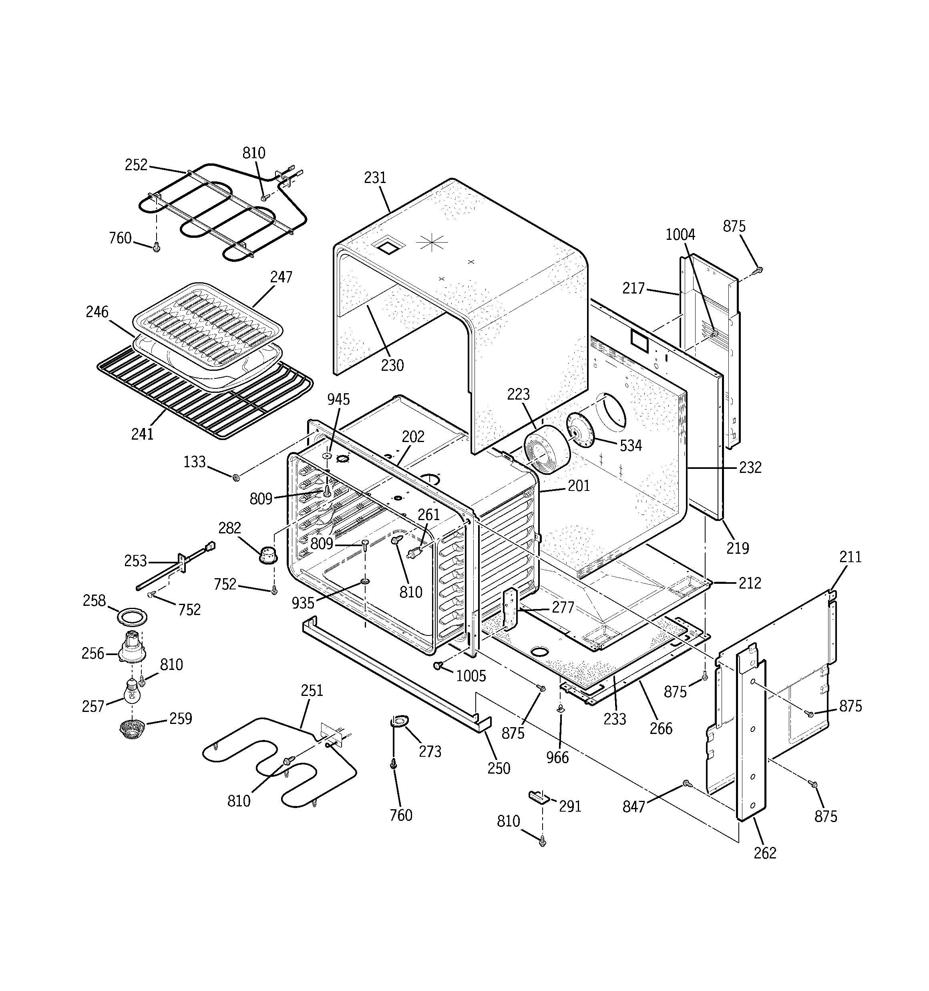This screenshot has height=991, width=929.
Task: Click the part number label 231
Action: tap(375, 178)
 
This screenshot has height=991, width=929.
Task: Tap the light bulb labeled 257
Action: tap(132, 691)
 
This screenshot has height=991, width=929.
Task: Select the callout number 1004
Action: tap(680, 235)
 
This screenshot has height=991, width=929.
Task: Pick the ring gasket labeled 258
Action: tap(133, 616)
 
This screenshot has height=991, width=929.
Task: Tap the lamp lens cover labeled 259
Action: tap(132, 728)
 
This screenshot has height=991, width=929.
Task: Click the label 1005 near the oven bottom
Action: tap(471, 676)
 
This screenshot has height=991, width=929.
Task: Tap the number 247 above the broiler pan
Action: tap(281, 277)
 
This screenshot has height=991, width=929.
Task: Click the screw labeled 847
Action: tap(687, 784)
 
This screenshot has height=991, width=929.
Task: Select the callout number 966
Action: tap(557, 758)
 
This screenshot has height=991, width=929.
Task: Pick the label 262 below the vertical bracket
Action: tap(764, 853)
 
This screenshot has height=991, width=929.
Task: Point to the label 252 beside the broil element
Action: tap(136, 165)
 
